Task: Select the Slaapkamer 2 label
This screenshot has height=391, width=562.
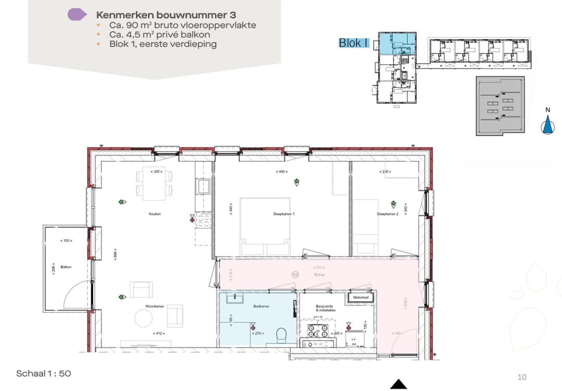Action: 388,214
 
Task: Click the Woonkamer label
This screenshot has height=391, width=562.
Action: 155,307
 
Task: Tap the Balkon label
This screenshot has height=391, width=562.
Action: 66,267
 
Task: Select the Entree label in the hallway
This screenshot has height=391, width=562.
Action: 320,275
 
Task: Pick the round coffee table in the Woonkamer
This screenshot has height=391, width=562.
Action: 143,318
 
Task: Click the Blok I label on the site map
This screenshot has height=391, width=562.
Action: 353,43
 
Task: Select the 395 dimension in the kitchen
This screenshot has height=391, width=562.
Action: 156,171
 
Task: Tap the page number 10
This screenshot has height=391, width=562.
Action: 522,376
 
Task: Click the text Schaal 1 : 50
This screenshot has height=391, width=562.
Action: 43,373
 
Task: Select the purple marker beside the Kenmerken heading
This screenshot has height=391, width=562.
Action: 77,15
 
